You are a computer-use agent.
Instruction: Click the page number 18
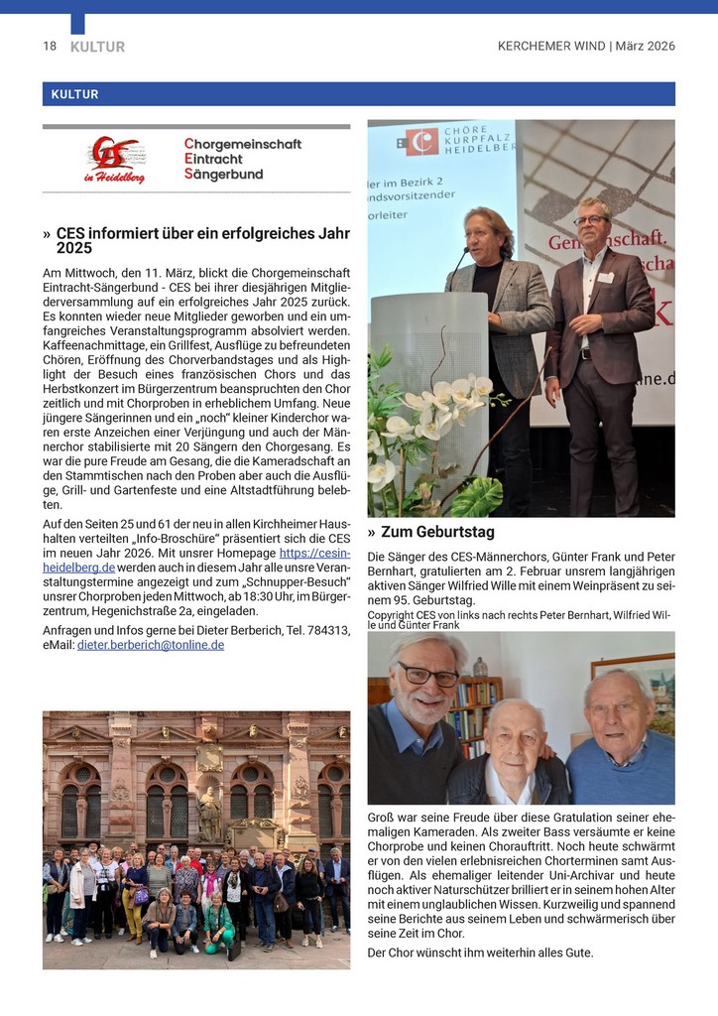(50, 47)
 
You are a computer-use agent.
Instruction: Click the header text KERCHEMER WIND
(551, 47)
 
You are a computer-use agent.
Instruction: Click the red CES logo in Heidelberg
(115, 160)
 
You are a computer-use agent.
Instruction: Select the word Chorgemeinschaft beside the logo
(243, 144)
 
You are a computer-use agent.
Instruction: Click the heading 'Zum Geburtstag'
(437, 533)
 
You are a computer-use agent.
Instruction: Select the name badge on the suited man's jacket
(604, 278)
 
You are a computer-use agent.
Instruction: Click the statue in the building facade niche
(209, 814)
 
